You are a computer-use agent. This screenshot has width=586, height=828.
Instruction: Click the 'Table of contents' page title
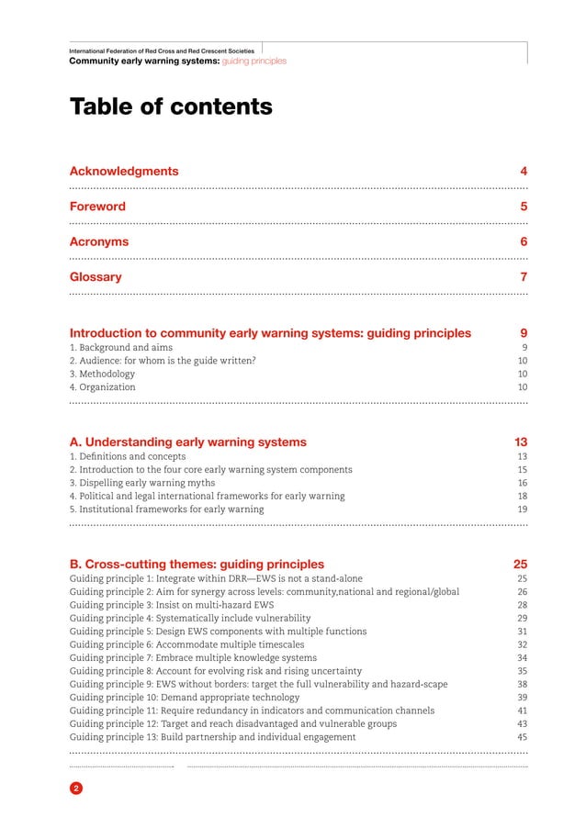coord(171,107)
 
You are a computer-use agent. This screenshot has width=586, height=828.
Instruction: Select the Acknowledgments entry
coord(124,172)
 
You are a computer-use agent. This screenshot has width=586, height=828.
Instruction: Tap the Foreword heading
coord(97,207)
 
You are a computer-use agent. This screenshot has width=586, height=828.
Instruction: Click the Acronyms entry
coord(99,242)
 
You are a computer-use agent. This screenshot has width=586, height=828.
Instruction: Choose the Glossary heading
coord(96,277)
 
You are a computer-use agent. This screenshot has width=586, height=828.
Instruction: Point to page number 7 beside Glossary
coord(523,277)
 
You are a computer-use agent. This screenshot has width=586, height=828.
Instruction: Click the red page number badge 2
coord(76,789)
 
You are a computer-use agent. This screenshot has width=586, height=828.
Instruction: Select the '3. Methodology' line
coord(103,375)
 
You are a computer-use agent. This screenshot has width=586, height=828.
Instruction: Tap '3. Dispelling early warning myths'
coord(142,483)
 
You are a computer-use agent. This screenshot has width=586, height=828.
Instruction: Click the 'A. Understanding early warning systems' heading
coord(188,442)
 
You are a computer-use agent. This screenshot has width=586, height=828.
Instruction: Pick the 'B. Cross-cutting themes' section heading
coord(197,565)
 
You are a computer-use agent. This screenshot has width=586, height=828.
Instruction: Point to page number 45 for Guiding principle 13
coord(522,737)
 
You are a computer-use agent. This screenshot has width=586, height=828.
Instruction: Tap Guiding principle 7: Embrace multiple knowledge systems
coord(196,658)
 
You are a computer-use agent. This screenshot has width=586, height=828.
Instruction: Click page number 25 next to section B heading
coord(520,565)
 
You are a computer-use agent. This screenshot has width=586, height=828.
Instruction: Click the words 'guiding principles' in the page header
coord(254,61)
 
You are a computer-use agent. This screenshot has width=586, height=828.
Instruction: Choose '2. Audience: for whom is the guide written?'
coord(163,362)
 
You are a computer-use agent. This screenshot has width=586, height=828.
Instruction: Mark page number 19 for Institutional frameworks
coord(522,509)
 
